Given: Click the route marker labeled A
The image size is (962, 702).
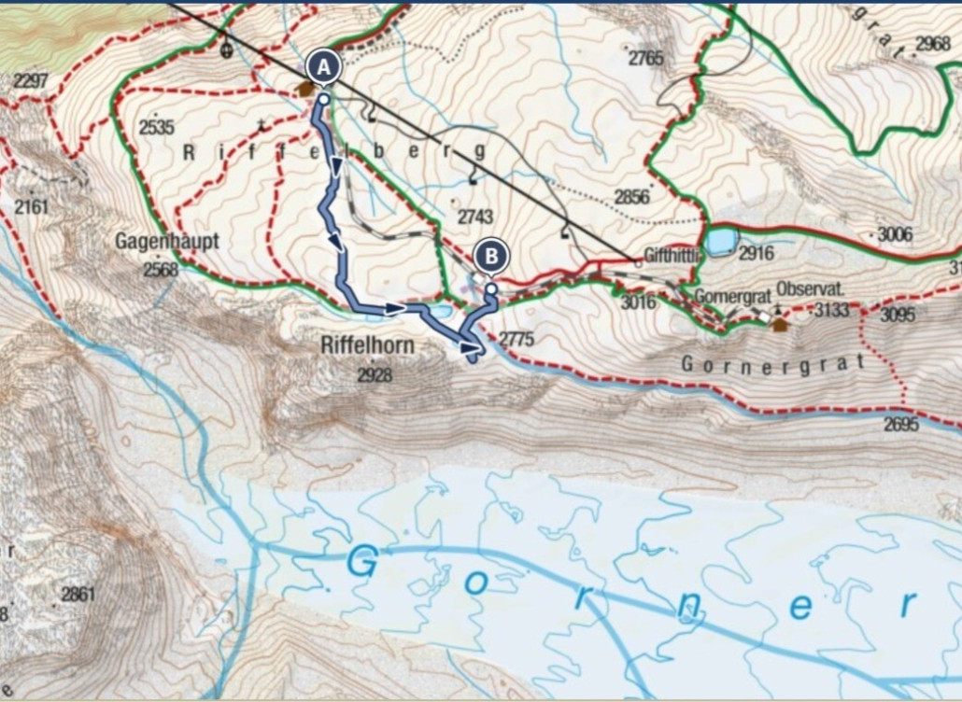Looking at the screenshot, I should point(323,67).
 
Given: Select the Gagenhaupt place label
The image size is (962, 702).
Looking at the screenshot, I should point(167,241).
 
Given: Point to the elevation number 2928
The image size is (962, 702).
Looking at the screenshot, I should point(375,375).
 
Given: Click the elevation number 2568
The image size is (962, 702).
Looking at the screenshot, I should point(160,270).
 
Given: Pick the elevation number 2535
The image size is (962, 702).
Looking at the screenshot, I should point(156,127).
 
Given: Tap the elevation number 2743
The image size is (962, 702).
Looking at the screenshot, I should point(474,217).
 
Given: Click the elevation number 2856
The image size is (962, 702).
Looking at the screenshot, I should point(631,196).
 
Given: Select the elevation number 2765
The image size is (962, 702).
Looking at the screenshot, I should point(645,58).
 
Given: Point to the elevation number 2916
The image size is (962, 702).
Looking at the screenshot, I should point(757,253).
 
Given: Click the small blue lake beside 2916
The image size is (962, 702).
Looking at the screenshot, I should point(720,241).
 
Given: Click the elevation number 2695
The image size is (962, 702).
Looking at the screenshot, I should point(902,425).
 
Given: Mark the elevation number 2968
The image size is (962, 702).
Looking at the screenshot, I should point(932,44).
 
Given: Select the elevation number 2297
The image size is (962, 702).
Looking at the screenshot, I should point(31,81).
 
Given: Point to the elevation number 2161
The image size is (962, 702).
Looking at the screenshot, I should point(31,206).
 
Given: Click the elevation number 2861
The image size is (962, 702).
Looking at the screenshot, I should point(78,593).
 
